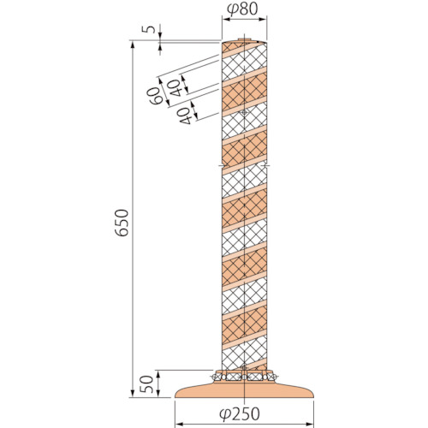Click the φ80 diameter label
coord(242,9)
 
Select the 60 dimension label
coord(153,96)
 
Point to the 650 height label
coord(122,223)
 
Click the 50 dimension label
coord(148,383)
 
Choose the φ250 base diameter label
coord(240,414)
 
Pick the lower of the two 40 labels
coord(185,116)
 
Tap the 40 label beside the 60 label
coord(175,88)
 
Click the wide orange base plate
coord(244,389)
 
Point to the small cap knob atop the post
coord(244,39)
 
